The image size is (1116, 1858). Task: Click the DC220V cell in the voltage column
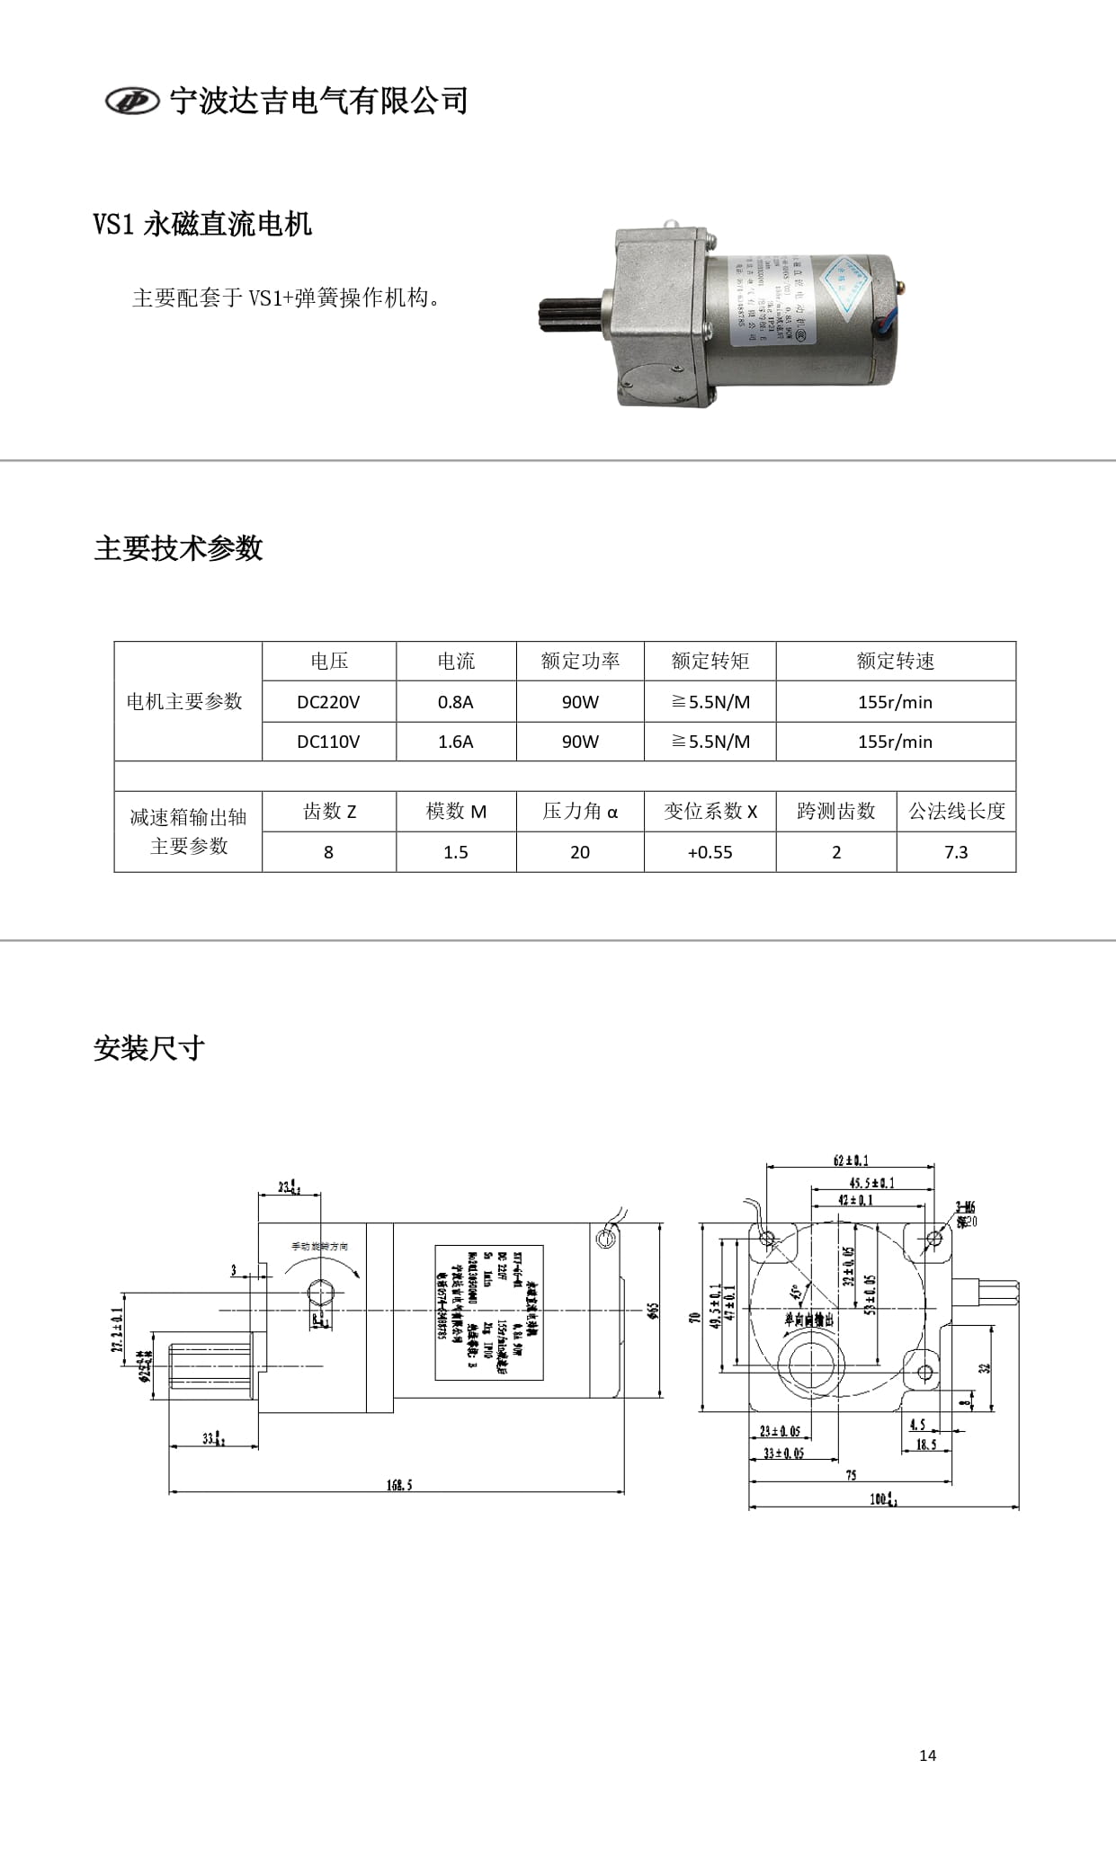pos(328,702)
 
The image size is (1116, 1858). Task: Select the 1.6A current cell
pos(455,742)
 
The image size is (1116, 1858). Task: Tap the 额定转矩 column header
pos(710,662)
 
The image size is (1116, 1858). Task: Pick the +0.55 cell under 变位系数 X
pos(710,852)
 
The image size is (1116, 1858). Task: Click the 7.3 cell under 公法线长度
pos(955,852)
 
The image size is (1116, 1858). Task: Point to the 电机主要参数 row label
pos(185,701)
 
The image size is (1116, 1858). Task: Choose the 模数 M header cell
pos(455,812)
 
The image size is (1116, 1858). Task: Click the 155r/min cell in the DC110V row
pos(895,742)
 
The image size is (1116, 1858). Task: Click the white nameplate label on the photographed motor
pos(773,302)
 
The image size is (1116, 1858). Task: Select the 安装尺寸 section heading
pos(149,1048)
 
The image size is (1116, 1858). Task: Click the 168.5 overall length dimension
pos(399,1485)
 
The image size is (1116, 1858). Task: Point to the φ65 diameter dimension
pos(653,1311)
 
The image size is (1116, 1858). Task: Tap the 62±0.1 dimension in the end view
pos(851,1160)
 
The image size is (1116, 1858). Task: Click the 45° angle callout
pos(796,1293)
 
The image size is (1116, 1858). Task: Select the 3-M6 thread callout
pos(966,1208)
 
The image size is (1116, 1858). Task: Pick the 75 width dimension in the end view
pos(851,1475)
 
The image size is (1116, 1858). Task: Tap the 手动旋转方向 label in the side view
pos(318,1247)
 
